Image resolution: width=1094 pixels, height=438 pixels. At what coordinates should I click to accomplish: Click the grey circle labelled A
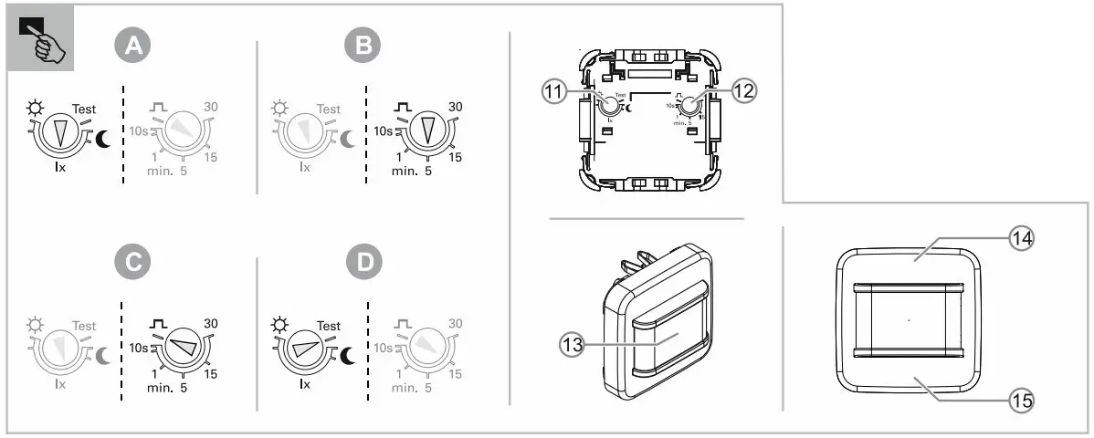(x=133, y=47)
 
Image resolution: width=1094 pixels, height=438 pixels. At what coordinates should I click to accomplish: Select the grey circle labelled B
(x=363, y=47)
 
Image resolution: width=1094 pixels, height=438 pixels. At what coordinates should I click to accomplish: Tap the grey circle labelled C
(x=133, y=264)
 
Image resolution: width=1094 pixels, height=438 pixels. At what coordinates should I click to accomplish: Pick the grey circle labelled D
(x=363, y=264)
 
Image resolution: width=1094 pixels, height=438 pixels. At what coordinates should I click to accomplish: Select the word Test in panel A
(x=84, y=109)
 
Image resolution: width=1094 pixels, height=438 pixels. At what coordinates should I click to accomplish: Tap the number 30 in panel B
(x=456, y=107)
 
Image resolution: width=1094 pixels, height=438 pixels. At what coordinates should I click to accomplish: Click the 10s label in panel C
(x=137, y=348)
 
